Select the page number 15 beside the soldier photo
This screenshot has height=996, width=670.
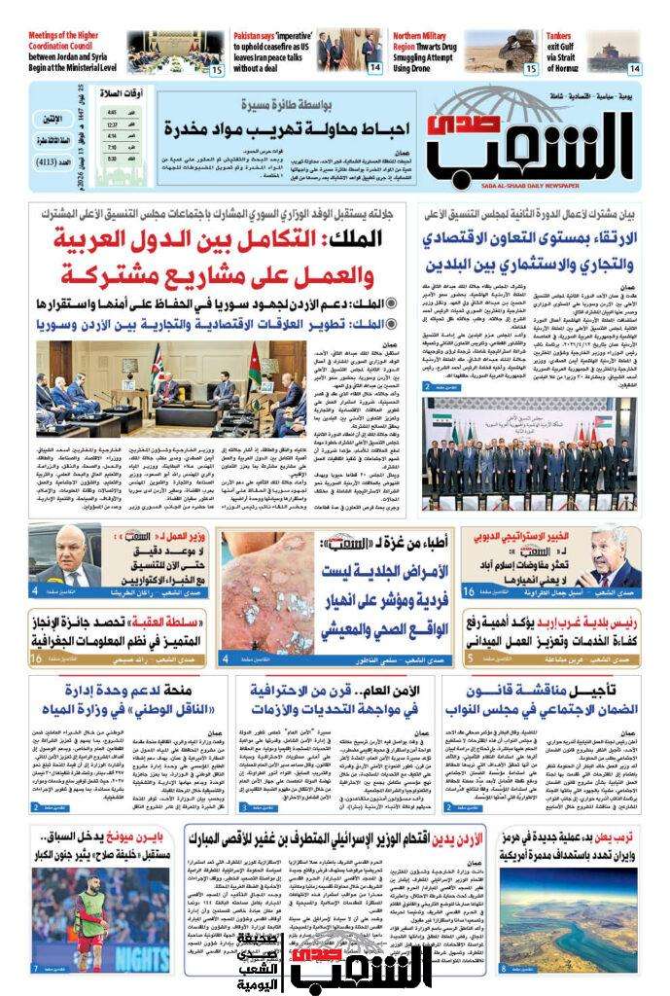(531, 69)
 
